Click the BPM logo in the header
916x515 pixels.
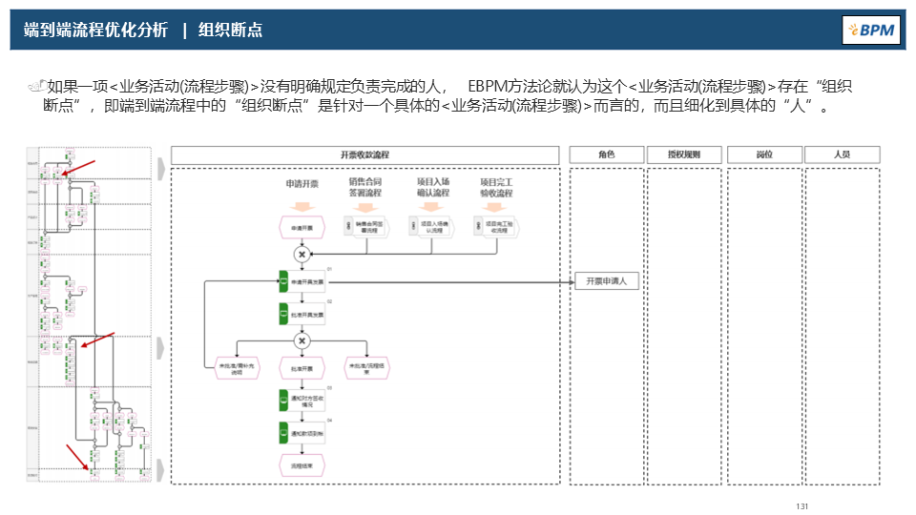[871, 30]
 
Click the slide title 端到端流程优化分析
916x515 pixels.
[95, 31]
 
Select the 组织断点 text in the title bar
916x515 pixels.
[230, 31]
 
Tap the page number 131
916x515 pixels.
[801, 505]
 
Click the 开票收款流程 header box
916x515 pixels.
[364, 154]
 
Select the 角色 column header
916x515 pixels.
[607, 154]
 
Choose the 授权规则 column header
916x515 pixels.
[684, 154]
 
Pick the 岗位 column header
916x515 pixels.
[763, 154]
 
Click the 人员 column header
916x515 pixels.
[842, 154]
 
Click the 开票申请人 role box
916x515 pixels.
[607, 281]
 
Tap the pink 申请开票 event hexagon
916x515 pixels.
[302, 227]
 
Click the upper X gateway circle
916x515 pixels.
[302, 255]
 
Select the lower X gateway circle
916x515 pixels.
[302, 340]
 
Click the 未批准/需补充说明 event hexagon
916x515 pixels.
[231, 367]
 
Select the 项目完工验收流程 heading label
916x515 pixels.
[496, 187]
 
